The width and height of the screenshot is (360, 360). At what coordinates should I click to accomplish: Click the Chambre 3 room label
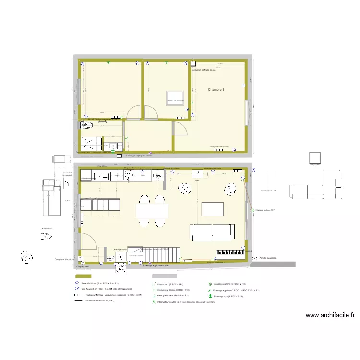pyautogui.click(x=216, y=90)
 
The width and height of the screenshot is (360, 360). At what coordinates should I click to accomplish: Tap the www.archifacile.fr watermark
pyautogui.click(x=330, y=315)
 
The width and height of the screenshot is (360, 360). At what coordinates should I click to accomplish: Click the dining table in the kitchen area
pyautogui.click(x=152, y=210)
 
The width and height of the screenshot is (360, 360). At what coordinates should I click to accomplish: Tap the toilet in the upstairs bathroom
pyautogui.click(x=86, y=127)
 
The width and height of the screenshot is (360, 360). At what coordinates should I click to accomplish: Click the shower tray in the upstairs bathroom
pyautogui.click(x=91, y=144)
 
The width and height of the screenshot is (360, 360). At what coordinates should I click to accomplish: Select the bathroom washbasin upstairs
pyautogui.click(x=113, y=146)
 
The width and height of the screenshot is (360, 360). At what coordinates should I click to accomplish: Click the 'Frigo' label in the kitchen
pyautogui.click(x=156, y=176)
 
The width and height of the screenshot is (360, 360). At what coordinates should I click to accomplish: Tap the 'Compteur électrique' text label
pyautogui.click(x=65, y=259)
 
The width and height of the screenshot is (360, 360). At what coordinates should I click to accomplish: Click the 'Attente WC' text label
pyautogui.click(x=48, y=236)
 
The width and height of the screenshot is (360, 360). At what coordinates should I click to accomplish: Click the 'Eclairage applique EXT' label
pyautogui.click(x=265, y=210)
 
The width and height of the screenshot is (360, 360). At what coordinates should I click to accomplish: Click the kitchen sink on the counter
pyautogui.click(x=102, y=177)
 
